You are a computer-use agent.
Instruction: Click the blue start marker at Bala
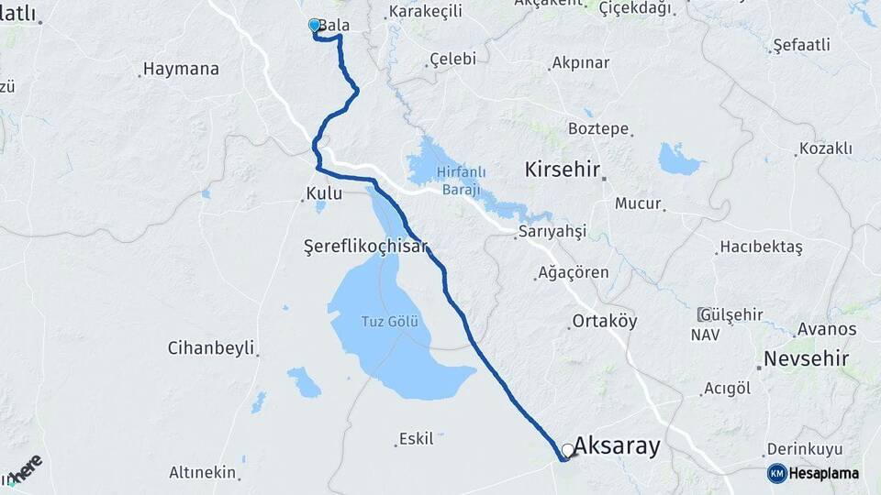click(x=315, y=26)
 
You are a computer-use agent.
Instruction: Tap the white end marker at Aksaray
click(x=568, y=450)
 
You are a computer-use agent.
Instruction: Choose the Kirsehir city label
click(x=562, y=170)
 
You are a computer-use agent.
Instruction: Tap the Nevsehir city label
click(x=801, y=357)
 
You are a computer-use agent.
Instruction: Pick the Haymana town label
click(x=181, y=69)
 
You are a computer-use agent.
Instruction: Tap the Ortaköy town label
click(x=604, y=322)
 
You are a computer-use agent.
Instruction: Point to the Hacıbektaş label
click(x=761, y=247)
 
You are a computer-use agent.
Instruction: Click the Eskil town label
click(x=416, y=439)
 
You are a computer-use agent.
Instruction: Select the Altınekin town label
click(x=203, y=473)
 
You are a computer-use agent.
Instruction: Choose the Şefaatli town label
click(x=801, y=45)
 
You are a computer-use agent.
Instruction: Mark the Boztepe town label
click(x=598, y=128)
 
